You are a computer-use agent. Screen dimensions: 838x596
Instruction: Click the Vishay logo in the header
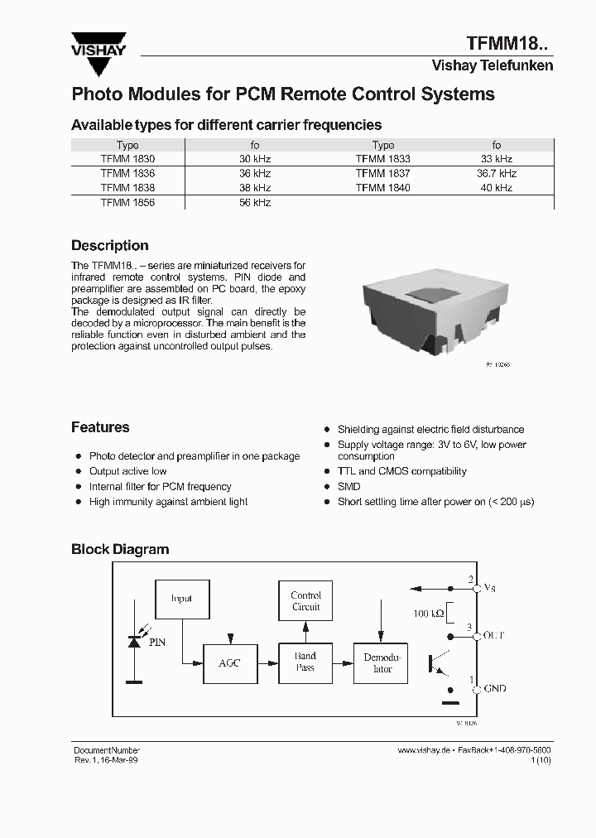98,46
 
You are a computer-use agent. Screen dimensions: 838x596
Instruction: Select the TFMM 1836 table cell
127,173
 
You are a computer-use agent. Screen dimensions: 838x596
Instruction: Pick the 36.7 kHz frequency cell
497,173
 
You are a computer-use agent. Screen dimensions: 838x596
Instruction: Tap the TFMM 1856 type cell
127,202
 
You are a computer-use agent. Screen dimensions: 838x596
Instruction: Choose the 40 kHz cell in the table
497,188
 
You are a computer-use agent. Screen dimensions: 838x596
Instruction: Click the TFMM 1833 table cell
382,158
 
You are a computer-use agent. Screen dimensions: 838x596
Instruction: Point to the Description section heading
110,246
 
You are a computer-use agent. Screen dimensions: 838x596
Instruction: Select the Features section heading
100,427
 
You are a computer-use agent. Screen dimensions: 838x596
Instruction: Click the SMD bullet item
348,487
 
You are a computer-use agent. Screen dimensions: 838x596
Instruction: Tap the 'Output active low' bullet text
127,471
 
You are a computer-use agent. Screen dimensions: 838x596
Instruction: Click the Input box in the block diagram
181,598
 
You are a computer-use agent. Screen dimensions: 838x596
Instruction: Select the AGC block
229,662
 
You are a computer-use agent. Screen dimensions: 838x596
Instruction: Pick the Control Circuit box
305,601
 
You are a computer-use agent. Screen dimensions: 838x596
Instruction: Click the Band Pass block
305,662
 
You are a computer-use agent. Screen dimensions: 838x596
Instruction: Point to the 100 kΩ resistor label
428,614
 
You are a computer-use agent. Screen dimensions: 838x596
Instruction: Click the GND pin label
494,688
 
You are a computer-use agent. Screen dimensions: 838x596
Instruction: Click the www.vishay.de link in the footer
423,749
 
